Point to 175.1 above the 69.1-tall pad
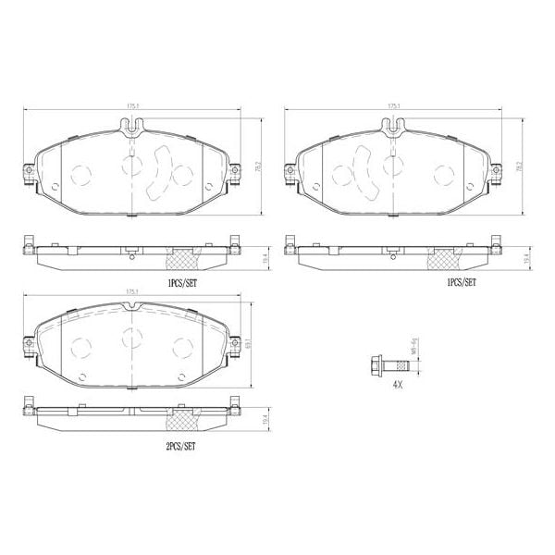coord(131,294)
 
